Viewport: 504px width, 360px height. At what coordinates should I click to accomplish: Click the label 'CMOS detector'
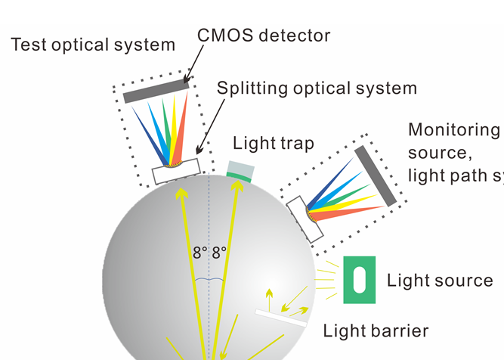264,35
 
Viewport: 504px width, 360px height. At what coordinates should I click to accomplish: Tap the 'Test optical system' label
93,45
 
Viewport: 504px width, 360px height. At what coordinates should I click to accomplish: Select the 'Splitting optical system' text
317,88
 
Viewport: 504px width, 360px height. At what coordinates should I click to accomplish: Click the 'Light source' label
440,281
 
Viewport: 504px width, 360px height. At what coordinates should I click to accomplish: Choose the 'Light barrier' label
376,331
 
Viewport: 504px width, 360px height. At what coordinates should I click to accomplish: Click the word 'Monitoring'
454,129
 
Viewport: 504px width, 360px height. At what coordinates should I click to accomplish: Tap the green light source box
360,280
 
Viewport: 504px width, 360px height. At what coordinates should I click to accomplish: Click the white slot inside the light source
360,280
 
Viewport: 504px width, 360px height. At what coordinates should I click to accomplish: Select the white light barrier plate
281,318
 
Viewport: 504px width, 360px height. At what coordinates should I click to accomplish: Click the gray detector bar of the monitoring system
375,175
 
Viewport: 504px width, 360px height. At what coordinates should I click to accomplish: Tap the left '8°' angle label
199,253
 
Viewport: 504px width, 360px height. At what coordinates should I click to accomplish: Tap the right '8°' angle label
218,253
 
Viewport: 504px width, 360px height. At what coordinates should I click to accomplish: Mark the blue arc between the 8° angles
208,279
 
